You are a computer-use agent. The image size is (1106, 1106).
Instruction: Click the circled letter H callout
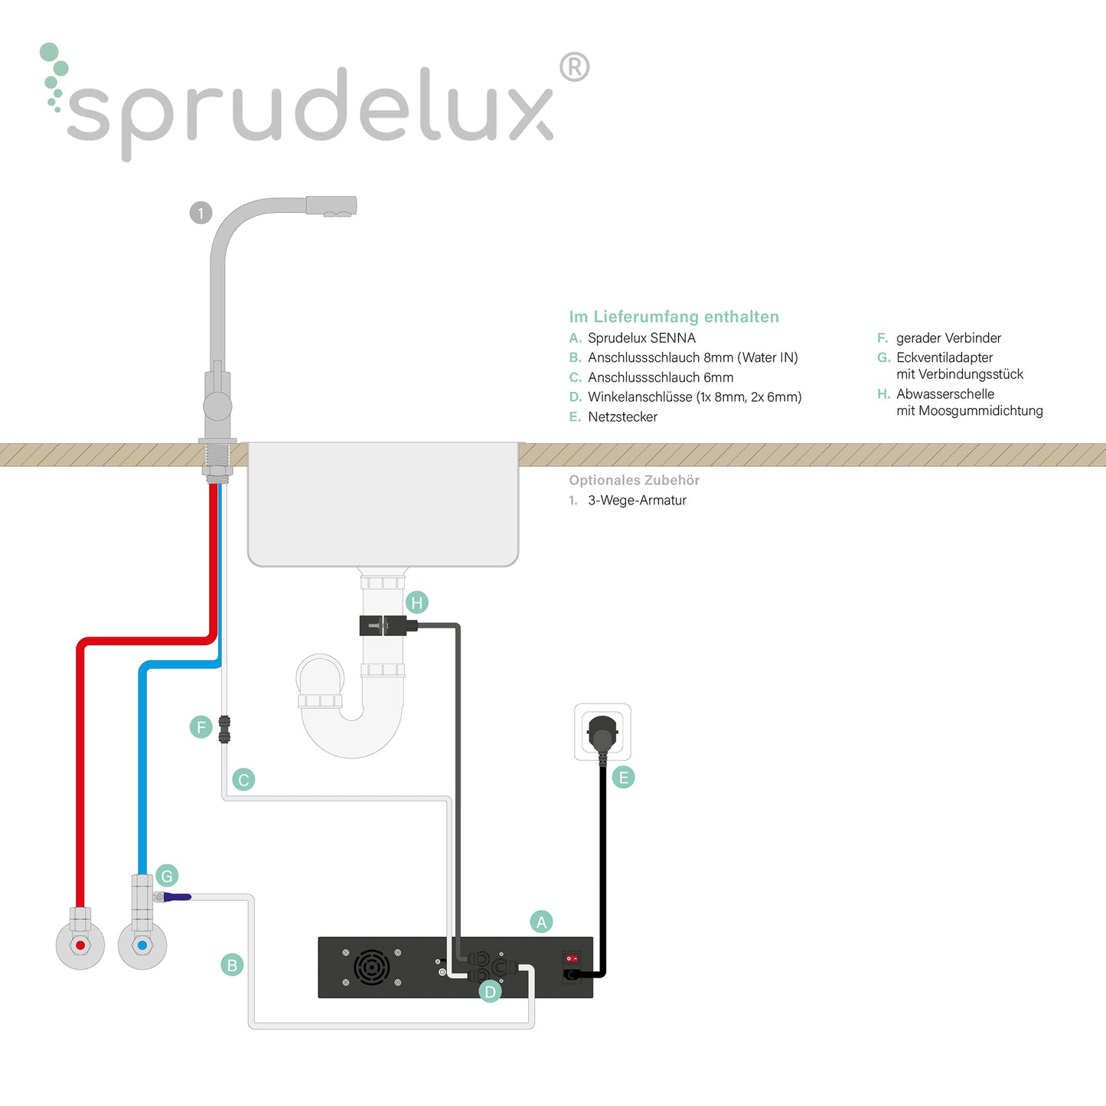click(417, 602)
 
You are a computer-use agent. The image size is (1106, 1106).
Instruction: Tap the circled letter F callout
click(201, 726)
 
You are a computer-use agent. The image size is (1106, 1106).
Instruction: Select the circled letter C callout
click(243, 780)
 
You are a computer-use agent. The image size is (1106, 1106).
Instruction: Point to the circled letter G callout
click(167, 876)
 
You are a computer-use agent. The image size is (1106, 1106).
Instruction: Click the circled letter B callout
click(232, 965)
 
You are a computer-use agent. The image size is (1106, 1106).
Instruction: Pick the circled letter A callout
click(541, 922)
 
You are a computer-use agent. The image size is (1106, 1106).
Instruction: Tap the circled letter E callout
click(624, 778)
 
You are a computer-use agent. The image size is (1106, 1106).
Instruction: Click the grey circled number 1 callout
click(201, 213)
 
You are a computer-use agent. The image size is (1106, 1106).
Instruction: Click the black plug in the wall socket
click(602, 732)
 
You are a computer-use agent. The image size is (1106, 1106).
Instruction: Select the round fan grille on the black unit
click(371, 967)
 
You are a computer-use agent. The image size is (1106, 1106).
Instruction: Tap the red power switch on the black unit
click(571, 958)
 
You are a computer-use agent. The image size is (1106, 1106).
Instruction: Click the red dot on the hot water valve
click(80, 945)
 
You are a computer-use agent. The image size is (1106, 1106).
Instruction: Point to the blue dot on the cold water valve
click(142, 945)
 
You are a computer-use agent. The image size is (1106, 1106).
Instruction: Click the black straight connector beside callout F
click(224, 729)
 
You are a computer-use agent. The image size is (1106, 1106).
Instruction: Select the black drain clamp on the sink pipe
click(383, 625)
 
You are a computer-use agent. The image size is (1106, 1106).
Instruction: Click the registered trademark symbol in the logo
click(574, 67)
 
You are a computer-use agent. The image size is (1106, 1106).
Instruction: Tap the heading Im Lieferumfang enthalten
click(674, 317)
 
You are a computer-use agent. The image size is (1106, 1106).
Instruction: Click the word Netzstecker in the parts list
click(622, 417)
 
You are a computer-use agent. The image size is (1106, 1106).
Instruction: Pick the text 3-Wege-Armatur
click(637, 501)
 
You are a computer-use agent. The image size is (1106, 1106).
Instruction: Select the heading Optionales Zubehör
click(634, 481)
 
